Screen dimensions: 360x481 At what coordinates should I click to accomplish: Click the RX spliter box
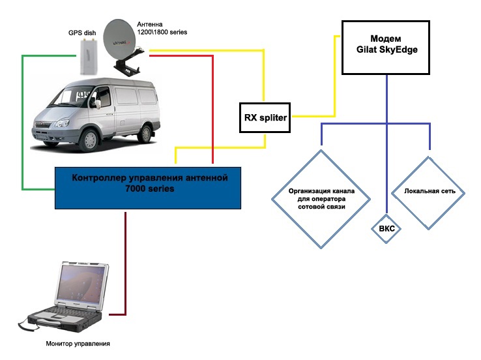(265, 117)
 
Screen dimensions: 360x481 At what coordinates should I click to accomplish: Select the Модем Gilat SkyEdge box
(385, 47)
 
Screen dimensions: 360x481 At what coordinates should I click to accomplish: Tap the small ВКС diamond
(386, 229)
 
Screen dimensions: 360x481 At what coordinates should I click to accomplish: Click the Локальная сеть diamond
(429, 192)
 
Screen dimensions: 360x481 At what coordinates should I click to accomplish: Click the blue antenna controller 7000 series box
(148, 187)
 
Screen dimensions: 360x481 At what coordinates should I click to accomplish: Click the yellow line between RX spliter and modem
(335, 78)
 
